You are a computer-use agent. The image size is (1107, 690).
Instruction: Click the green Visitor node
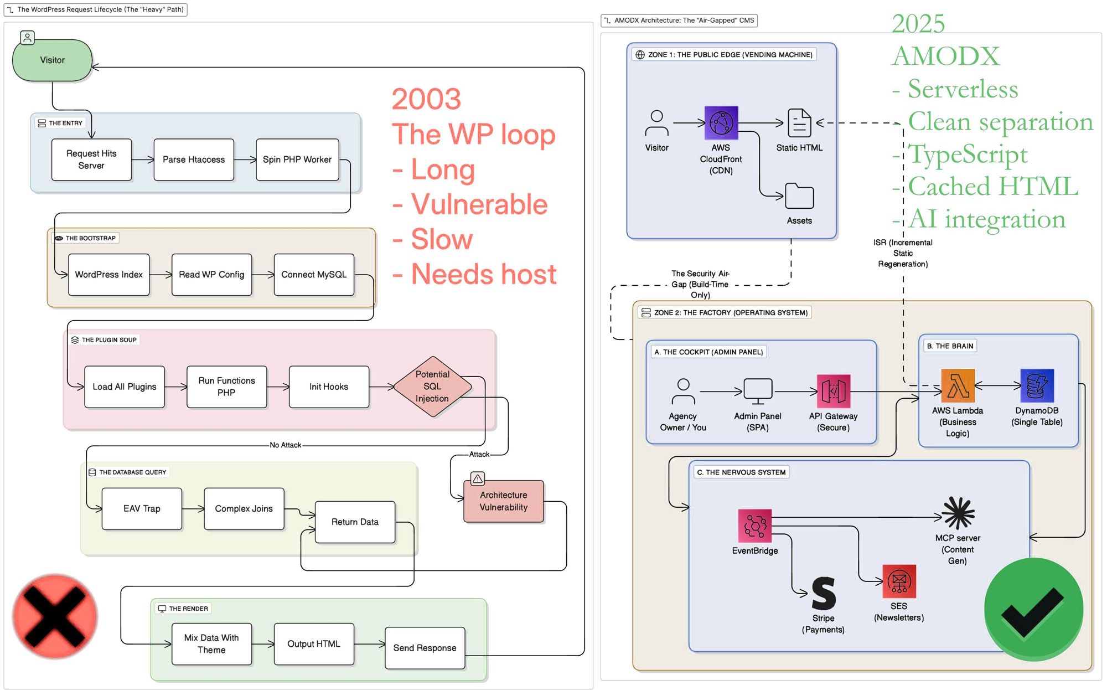coord(52,60)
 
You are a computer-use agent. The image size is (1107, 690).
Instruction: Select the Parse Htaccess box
coord(194,159)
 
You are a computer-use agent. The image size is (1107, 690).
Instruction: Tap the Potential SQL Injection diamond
coord(432,387)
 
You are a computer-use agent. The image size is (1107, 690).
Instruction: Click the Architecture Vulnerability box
coord(504,501)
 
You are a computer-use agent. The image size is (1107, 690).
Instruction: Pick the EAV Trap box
coord(142,508)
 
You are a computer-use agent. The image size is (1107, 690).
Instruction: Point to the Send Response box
coord(425,648)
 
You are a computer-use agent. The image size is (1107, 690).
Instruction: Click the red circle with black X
coord(55,616)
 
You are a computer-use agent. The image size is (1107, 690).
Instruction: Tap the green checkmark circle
coord(1033,609)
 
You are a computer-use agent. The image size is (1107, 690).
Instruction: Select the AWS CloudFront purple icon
coord(721,122)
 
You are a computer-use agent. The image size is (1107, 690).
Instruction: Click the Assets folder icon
coord(799,196)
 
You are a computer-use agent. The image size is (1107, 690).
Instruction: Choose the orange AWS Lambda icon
coord(958,386)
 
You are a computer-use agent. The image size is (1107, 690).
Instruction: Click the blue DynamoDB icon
coord(1037,386)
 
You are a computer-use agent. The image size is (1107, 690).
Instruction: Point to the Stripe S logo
coord(824,593)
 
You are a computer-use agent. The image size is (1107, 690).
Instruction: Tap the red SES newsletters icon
coord(899,581)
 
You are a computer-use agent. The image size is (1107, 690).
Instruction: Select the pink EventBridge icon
coord(754,526)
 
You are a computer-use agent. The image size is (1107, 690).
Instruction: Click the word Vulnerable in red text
coord(479,204)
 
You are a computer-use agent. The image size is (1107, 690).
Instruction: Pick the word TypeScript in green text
coord(968,154)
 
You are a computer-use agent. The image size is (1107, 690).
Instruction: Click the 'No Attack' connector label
coord(285,445)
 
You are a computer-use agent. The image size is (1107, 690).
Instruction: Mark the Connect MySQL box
coord(314,275)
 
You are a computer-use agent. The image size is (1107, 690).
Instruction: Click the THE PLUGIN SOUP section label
coord(109,340)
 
